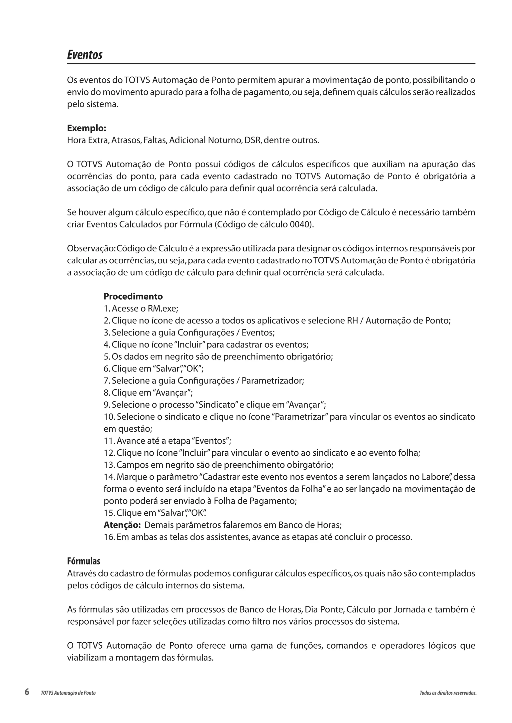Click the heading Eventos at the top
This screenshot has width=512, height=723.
click(84, 55)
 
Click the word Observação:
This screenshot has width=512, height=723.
click(91, 248)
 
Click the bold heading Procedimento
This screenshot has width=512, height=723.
click(133, 296)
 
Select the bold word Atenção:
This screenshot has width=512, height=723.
click(122, 525)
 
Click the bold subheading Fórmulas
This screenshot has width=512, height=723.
click(83, 561)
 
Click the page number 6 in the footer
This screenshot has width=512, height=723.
click(27, 692)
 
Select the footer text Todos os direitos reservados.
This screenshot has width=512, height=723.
click(448, 693)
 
